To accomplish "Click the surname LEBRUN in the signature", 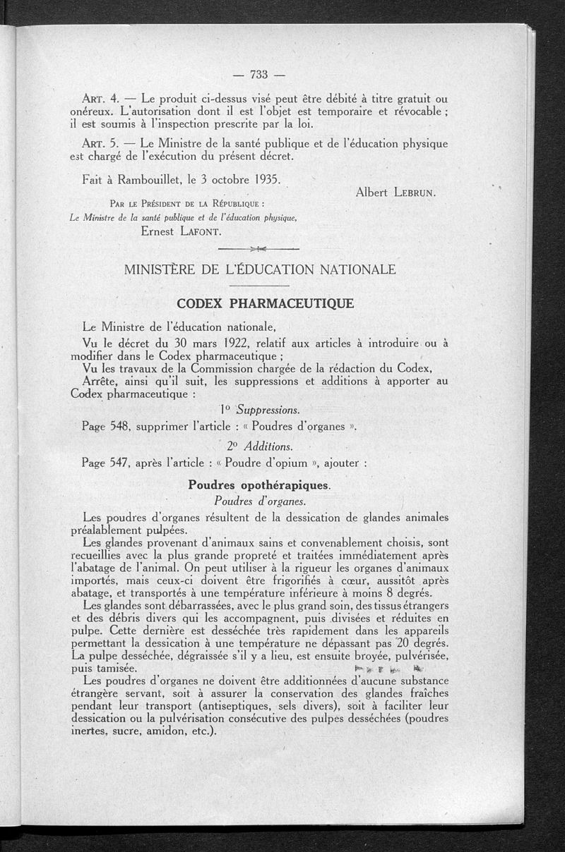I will click(414, 192).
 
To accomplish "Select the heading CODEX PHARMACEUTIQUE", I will click(265, 304).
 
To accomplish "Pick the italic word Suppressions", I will click(268, 410).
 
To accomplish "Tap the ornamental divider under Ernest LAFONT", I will click(258, 249).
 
